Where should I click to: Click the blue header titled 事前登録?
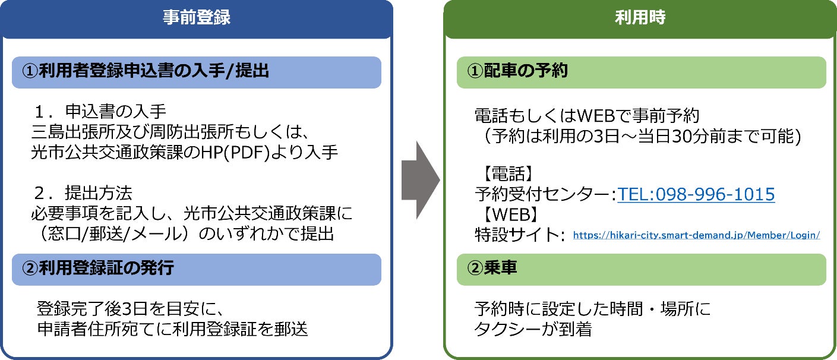pos(197,18)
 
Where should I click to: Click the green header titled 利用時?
pos(640,18)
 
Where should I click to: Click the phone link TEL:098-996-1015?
pos(696,194)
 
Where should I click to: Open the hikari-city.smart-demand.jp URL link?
pos(696,235)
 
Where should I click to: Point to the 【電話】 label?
pos(505,175)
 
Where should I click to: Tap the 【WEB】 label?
pos(508,214)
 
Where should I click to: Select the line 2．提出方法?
pos(83,193)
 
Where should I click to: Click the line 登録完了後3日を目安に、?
pos(129,309)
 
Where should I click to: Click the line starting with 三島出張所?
pos(168,132)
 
